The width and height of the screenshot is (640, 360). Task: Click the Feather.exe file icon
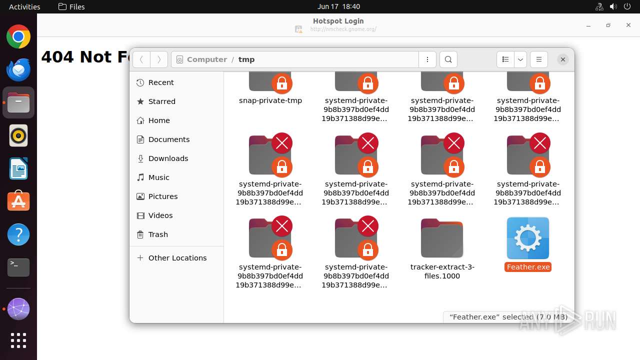(x=528, y=238)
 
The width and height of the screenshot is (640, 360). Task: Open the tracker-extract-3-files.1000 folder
(x=442, y=239)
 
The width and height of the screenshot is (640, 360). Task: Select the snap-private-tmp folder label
(x=270, y=100)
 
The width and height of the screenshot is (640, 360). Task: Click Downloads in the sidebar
(x=168, y=158)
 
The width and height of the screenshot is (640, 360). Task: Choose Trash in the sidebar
(x=158, y=234)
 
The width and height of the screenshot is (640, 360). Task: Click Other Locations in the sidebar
(x=177, y=258)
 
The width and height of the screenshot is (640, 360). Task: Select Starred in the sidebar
(x=161, y=101)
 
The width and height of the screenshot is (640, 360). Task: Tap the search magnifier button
(x=448, y=59)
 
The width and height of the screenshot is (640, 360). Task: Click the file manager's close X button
(x=562, y=59)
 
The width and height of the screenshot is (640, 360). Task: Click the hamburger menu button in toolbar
(x=538, y=59)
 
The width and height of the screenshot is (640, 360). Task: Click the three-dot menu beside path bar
(x=427, y=59)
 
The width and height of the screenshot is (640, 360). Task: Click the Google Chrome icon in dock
(x=18, y=37)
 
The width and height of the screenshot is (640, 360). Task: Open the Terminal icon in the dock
(x=18, y=267)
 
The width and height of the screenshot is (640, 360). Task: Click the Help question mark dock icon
(x=18, y=234)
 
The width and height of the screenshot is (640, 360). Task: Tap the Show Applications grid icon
(x=18, y=340)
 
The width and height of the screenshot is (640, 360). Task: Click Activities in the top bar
(x=24, y=6)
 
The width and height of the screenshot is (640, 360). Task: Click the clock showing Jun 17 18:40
(x=338, y=6)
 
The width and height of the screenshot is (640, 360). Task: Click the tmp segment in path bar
(x=246, y=59)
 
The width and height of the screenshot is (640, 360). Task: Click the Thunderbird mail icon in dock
(x=18, y=69)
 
